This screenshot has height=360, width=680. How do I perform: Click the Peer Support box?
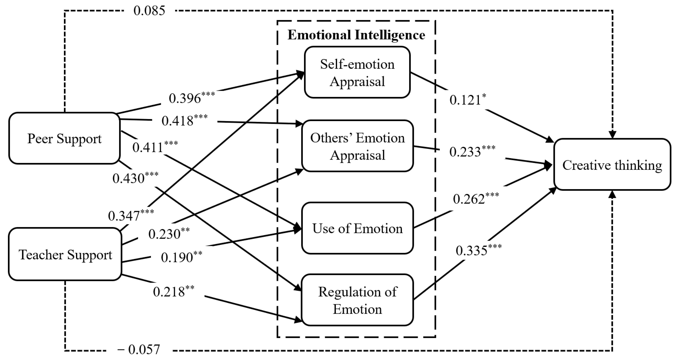64,138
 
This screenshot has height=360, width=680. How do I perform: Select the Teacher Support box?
65,254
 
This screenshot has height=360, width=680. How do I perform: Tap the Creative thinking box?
612,165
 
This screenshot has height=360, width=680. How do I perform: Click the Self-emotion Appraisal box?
357,72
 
